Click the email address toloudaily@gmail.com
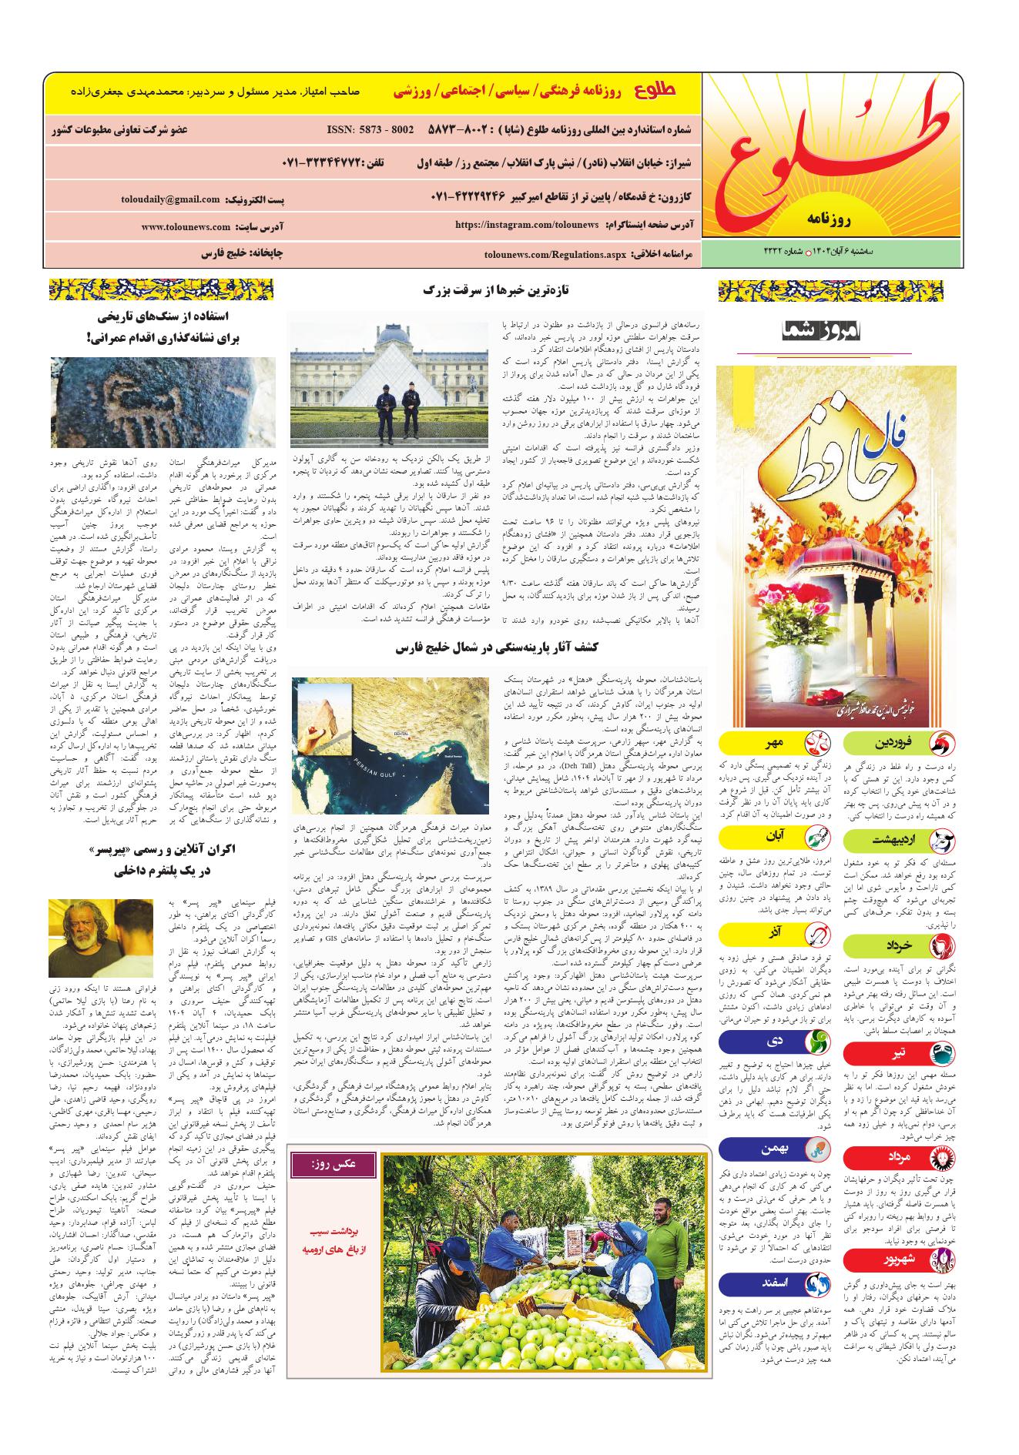170,199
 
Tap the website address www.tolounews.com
186,227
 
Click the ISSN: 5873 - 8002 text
370,130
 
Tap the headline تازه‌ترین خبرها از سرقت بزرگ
495,290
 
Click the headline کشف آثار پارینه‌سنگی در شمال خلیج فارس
494,649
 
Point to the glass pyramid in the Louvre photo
390,362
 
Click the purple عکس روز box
332,1165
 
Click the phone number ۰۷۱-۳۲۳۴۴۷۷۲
322,164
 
